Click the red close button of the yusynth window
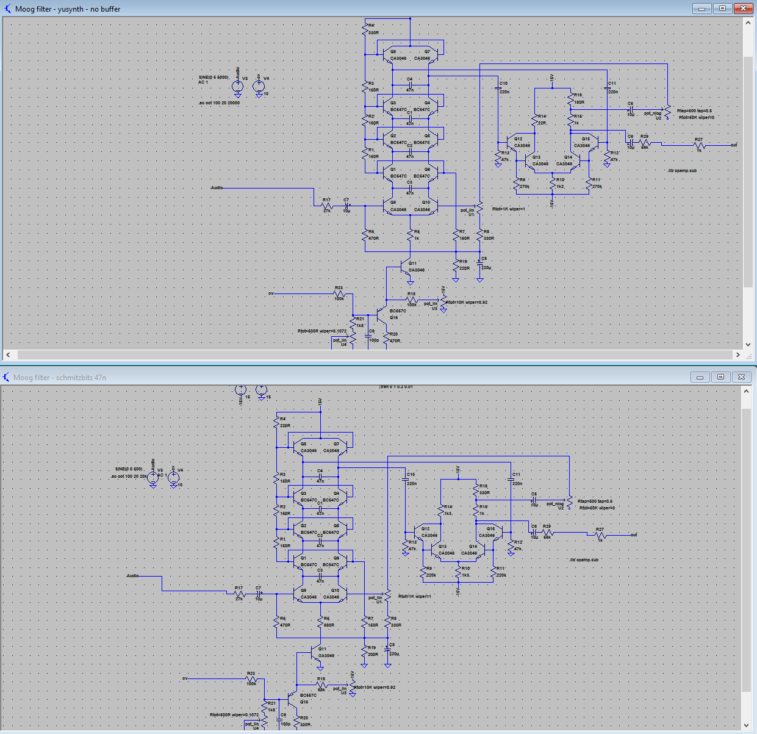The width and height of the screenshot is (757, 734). click(x=742, y=9)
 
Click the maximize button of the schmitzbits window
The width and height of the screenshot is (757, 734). click(x=720, y=377)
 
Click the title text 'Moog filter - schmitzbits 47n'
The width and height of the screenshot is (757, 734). click(x=59, y=378)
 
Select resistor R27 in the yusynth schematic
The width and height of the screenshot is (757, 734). click(x=699, y=145)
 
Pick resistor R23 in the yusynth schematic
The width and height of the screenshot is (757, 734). click(x=339, y=293)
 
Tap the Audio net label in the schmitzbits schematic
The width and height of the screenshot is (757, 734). click(x=132, y=575)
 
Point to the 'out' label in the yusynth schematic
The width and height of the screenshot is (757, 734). click(x=734, y=145)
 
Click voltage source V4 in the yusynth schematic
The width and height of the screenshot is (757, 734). click(x=259, y=85)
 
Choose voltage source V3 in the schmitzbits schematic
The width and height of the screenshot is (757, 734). click(x=153, y=477)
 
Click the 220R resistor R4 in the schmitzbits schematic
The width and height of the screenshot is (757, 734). click(x=276, y=422)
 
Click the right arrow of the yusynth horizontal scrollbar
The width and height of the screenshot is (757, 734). click(x=737, y=354)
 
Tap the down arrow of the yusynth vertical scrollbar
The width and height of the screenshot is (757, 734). click(x=748, y=345)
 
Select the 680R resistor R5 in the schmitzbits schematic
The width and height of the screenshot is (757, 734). click(x=320, y=622)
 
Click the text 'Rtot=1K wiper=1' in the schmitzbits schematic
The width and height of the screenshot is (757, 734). click(x=415, y=596)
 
